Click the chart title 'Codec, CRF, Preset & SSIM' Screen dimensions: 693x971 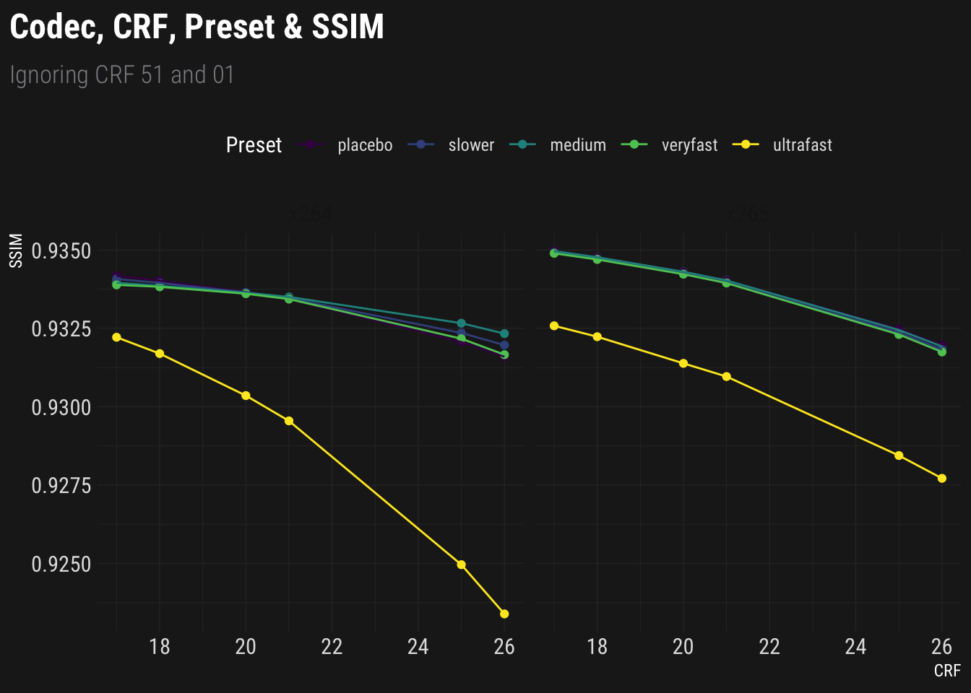(x=197, y=27)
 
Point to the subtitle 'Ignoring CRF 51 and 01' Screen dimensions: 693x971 (x=122, y=75)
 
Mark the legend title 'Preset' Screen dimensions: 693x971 (x=254, y=145)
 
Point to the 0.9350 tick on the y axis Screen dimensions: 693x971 (x=61, y=251)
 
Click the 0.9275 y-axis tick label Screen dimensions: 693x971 (x=61, y=486)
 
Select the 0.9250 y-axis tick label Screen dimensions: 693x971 (x=61, y=565)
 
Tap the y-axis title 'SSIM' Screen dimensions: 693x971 (x=17, y=251)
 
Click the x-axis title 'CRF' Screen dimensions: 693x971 (x=946, y=671)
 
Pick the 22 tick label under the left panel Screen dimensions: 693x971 (x=332, y=647)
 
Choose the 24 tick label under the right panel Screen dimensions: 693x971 (x=855, y=647)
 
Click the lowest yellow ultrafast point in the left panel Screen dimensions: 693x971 (x=504, y=614)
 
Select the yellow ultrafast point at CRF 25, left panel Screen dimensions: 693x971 (x=462, y=565)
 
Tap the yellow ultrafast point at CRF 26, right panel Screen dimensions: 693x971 (x=941, y=479)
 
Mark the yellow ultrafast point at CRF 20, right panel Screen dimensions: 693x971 (x=683, y=363)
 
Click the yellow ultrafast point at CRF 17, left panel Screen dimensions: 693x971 (x=117, y=337)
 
